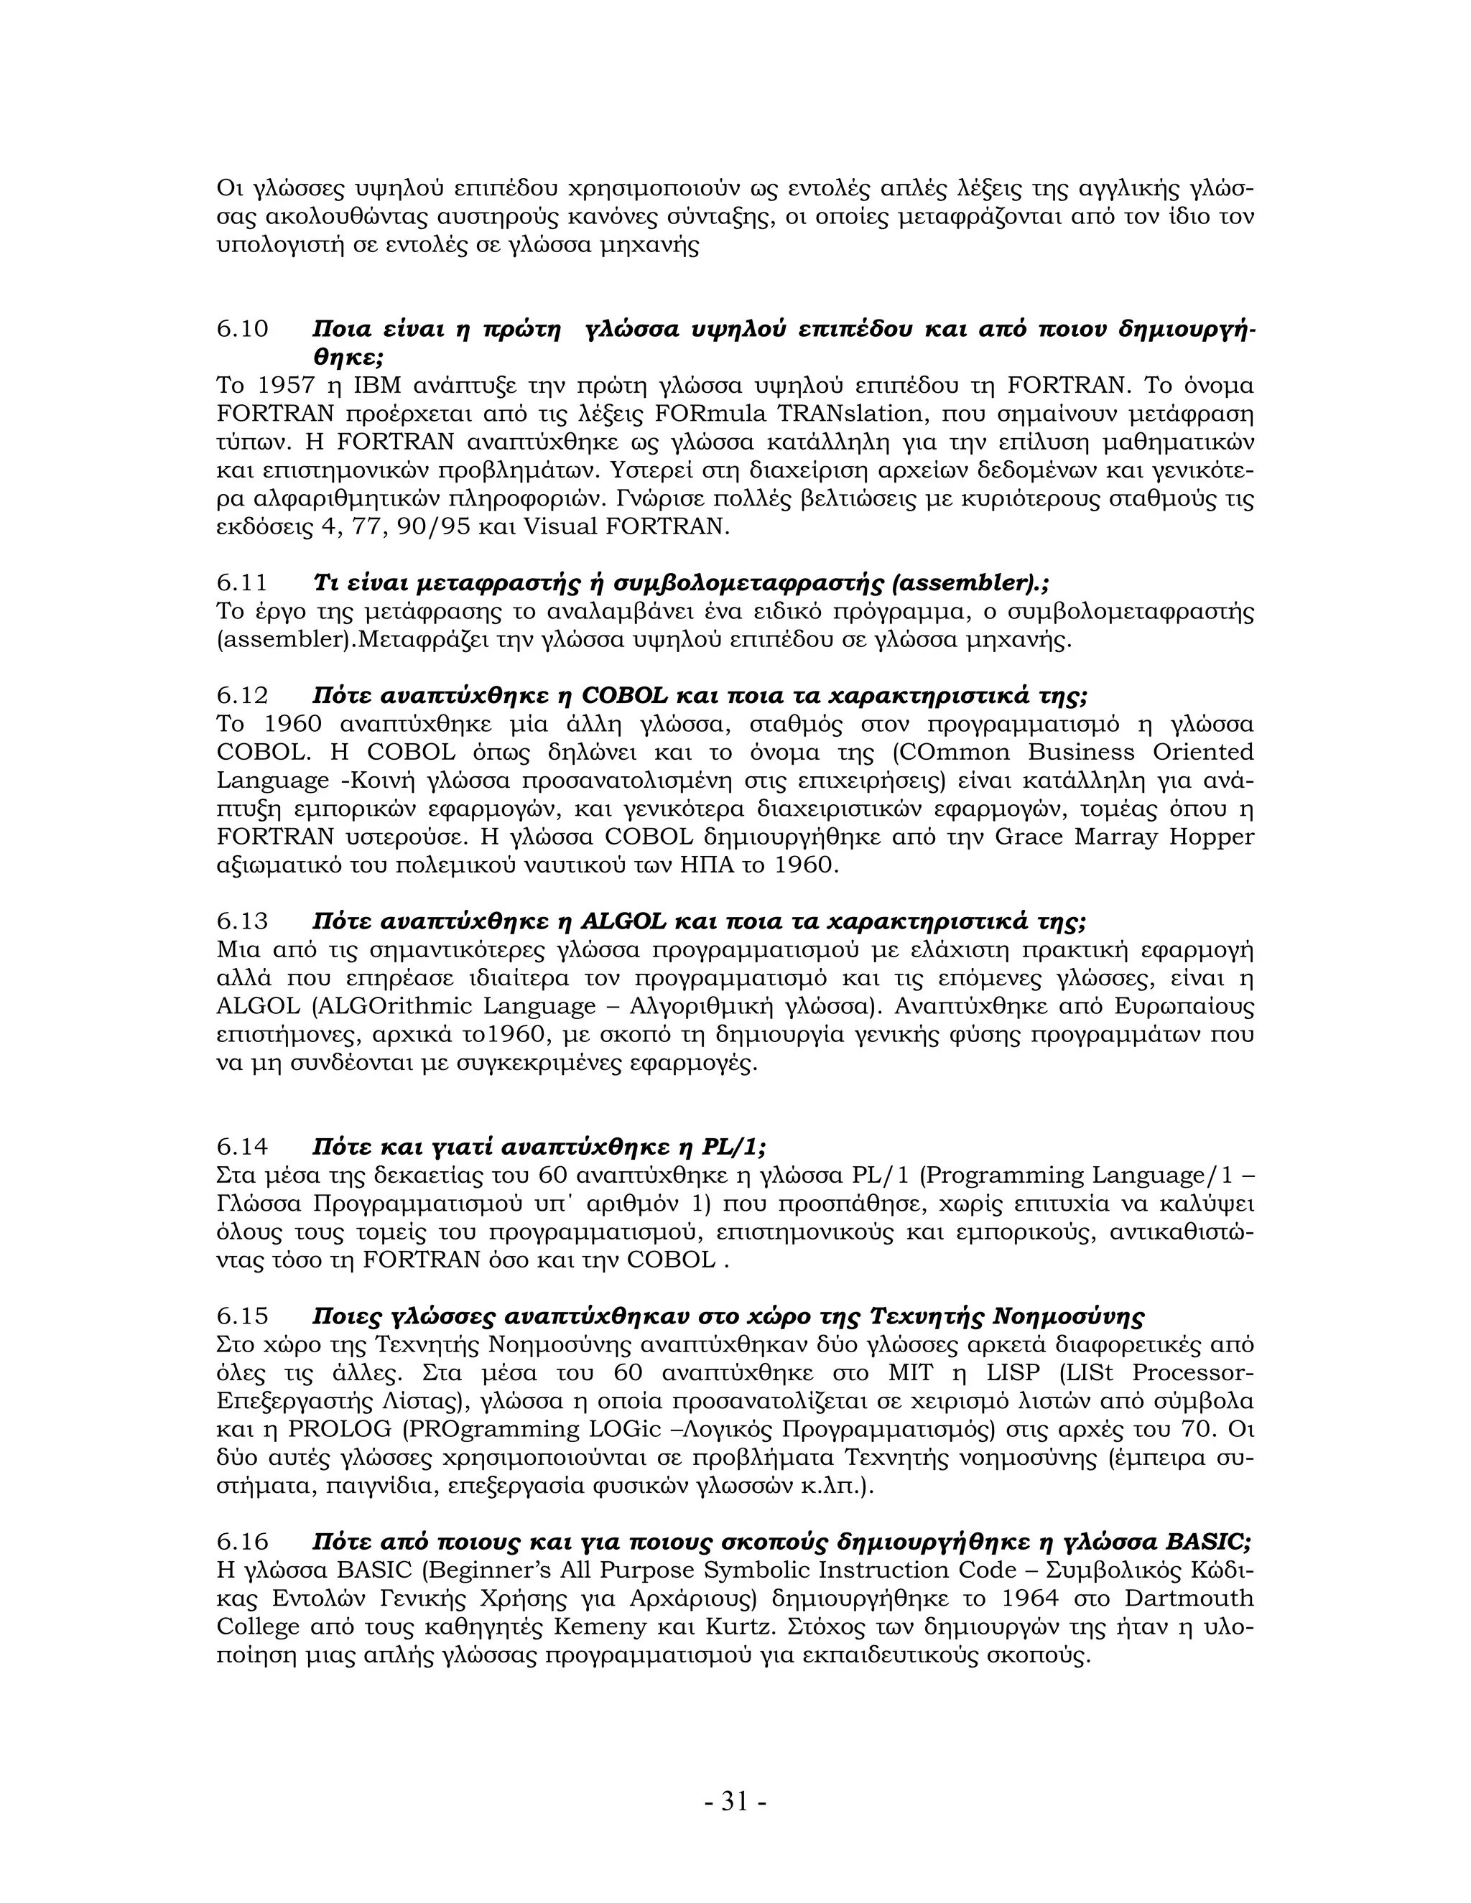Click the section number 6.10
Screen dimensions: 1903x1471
pyautogui.click(x=242, y=330)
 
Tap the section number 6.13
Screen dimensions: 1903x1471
pyautogui.click(x=242, y=921)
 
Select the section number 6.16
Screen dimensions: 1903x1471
pyautogui.click(x=242, y=1541)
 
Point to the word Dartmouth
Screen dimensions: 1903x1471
pyautogui.click(x=1189, y=1598)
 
